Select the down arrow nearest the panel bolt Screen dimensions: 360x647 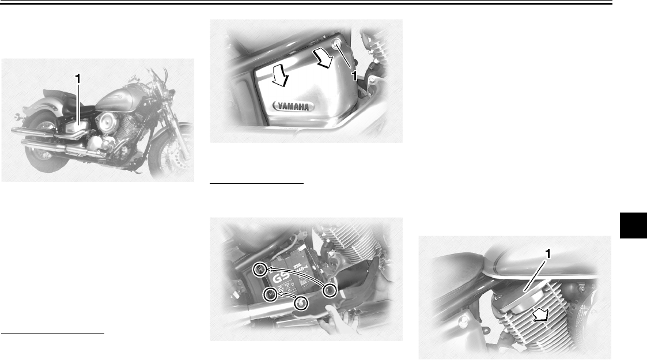(x=321, y=57)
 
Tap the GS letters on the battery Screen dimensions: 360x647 (x=281, y=278)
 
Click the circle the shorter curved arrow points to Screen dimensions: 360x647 (x=268, y=295)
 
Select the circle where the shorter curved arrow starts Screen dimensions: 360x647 (x=300, y=303)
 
